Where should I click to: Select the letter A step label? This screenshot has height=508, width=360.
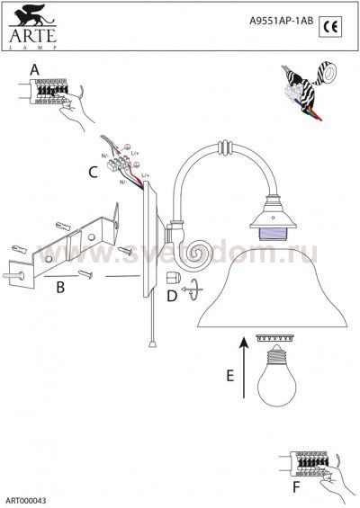click(33, 68)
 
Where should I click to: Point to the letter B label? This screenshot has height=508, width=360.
click(59, 288)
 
